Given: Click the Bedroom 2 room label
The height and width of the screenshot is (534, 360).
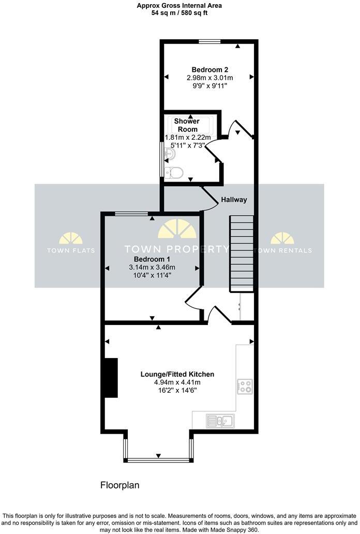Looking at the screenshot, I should [x=209, y=69].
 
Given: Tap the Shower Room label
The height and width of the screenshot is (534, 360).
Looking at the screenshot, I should [x=187, y=125].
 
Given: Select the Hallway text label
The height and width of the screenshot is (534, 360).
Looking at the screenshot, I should [x=234, y=200].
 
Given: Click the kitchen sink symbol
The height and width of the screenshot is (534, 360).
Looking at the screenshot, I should [x=220, y=419].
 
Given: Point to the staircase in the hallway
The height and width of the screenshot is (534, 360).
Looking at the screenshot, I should [x=242, y=254].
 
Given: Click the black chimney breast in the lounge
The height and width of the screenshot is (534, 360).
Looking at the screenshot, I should [x=111, y=378].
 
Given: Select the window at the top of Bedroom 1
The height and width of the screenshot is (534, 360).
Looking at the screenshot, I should [x=130, y=213].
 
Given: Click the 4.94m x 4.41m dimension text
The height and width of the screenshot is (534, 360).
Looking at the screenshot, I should [x=177, y=382].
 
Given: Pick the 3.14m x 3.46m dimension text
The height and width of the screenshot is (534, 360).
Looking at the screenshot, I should [x=152, y=267].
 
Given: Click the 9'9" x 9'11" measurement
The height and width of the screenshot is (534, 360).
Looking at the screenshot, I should [x=209, y=86].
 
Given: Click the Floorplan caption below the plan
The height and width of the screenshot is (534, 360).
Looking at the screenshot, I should [x=119, y=485].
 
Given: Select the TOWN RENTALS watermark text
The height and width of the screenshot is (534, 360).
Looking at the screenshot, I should [x=283, y=250].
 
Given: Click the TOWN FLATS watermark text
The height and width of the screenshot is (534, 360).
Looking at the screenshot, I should [x=71, y=250].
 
